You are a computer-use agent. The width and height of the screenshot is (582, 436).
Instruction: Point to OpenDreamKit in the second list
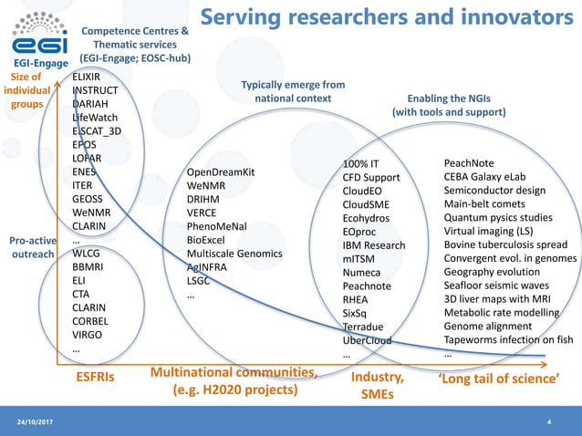[x=220, y=172]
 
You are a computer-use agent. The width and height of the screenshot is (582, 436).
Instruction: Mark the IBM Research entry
[x=374, y=246]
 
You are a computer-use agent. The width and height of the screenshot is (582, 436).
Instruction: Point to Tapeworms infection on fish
[x=508, y=340]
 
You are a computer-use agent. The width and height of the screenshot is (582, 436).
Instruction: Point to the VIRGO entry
[x=88, y=335]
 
